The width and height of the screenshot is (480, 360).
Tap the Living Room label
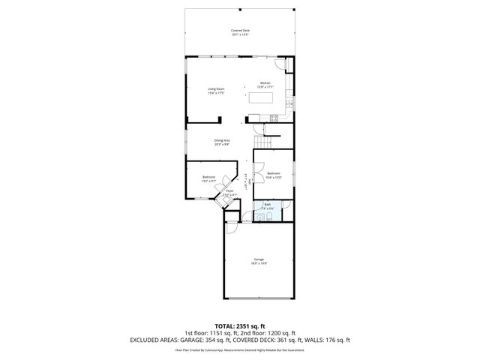click(x=216, y=91)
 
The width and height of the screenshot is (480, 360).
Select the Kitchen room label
click(x=265, y=85)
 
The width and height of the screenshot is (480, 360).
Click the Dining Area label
click(x=222, y=142)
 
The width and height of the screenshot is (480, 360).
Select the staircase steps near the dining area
click(x=261, y=143)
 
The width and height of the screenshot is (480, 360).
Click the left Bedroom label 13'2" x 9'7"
click(x=208, y=179)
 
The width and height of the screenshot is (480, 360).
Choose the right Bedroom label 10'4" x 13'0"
click(x=274, y=176)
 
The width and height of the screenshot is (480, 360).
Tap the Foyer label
click(x=229, y=193)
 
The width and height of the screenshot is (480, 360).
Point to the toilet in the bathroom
click(x=259, y=217)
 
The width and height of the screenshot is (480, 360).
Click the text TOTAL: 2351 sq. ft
click(x=240, y=326)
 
